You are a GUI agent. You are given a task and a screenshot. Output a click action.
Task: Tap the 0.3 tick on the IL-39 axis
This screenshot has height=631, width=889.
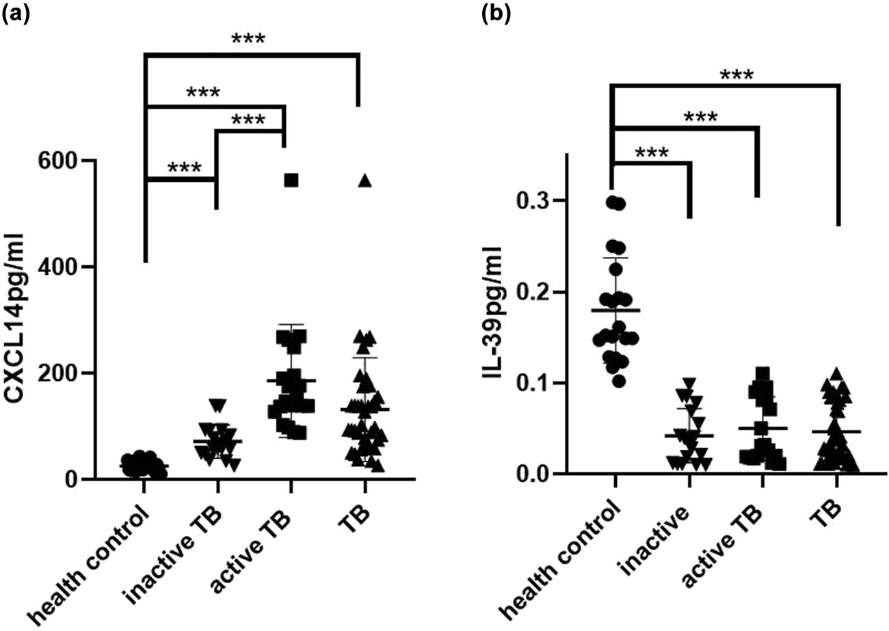[533, 201]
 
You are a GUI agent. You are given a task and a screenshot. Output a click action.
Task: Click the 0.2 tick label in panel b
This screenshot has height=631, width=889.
[533, 293]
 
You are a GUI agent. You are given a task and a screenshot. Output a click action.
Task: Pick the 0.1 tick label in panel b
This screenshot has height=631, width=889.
[533, 383]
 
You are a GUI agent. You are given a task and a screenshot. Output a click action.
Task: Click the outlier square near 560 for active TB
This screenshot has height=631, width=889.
[291, 180]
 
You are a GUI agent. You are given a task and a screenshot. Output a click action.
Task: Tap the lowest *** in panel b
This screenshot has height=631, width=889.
[652, 152]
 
